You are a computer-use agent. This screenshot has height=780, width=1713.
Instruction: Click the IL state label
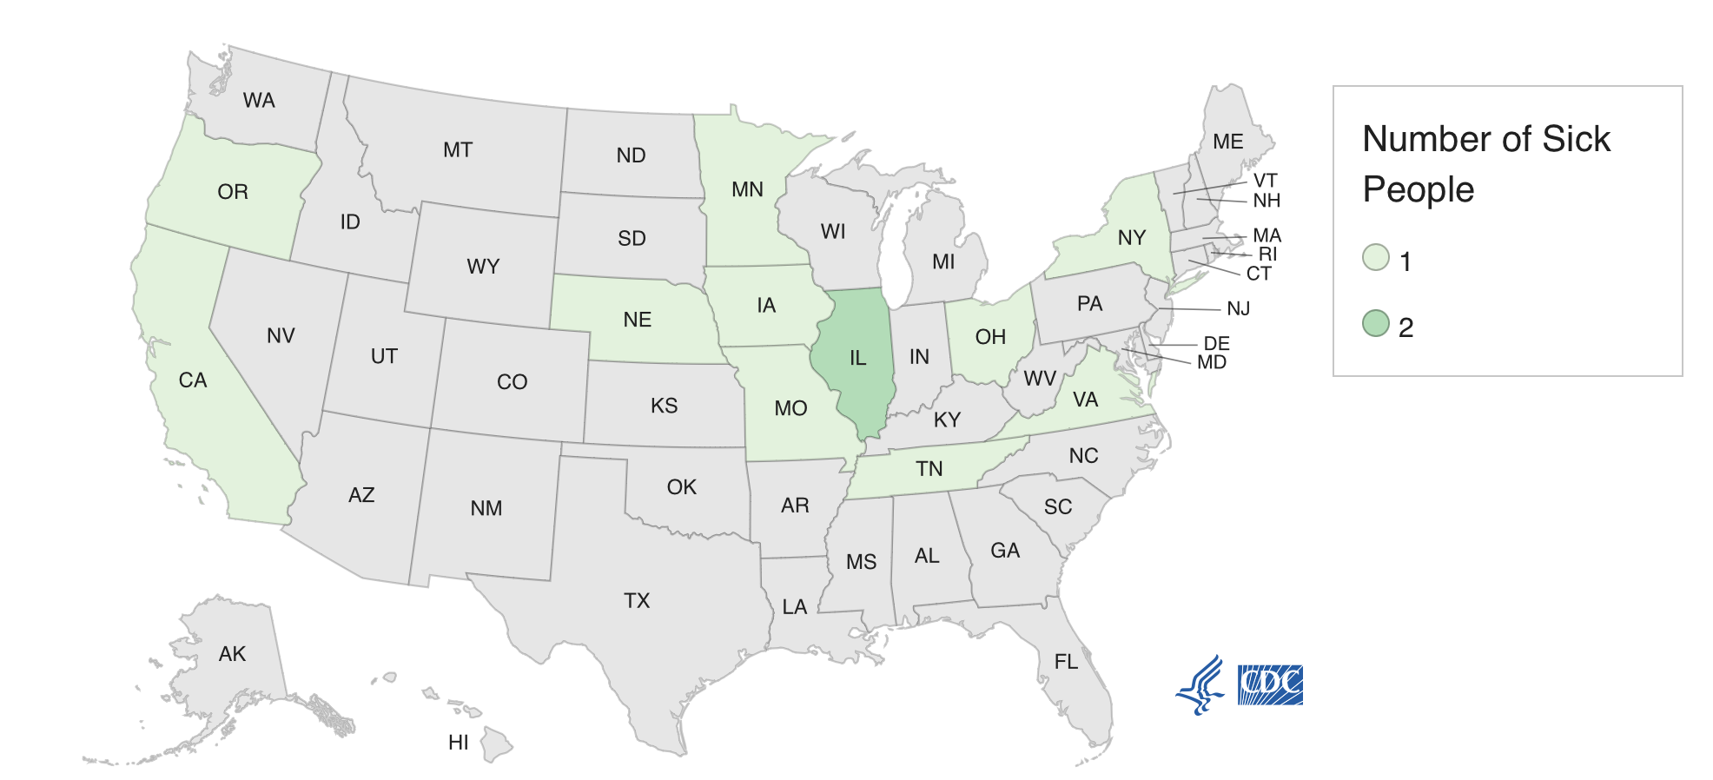click(857, 358)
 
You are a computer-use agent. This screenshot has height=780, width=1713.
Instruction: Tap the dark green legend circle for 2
click(1376, 324)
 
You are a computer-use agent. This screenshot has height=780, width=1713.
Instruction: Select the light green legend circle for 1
click(1376, 258)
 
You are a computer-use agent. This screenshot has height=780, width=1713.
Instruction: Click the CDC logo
click(1270, 684)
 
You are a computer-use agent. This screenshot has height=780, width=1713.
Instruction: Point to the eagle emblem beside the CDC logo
click(1200, 684)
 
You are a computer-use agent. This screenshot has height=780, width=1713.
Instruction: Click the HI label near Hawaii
click(458, 743)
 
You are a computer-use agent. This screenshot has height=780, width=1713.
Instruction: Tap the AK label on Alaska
click(232, 654)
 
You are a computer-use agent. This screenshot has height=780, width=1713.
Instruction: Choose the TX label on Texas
click(637, 601)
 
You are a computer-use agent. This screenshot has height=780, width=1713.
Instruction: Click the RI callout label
click(1267, 254)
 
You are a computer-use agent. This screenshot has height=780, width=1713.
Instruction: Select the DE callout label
click(1216, 344)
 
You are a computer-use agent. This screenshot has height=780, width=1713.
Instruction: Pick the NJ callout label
click(1238, 309)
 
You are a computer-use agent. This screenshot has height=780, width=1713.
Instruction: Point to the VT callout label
click(1265, 181)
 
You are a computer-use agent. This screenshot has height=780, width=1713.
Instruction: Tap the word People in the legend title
click(1418, 189)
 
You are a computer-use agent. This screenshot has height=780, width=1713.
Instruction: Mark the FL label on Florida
click(1066, 662)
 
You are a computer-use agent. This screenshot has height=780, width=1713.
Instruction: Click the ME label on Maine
click(1227, 142)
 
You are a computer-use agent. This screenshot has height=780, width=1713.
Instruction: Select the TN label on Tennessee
click(929, 469)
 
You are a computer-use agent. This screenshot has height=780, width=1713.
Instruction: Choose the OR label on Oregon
click(233, 192)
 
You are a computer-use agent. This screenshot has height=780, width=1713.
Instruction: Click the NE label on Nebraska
click(637, 320)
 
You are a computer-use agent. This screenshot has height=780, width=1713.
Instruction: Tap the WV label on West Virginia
click(1039, 379)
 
